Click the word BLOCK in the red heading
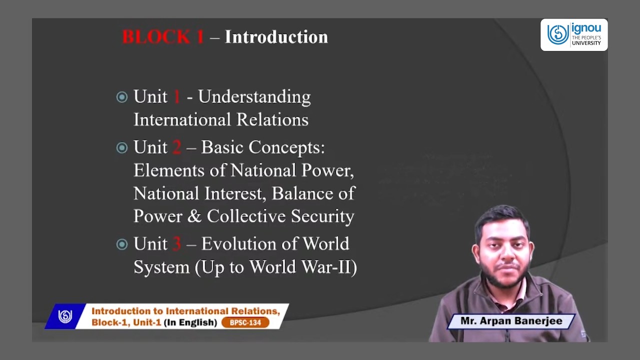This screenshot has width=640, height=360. coord(155,37)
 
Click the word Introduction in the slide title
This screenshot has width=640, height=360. coord(276,37)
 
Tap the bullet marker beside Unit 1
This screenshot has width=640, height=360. coord(122,97)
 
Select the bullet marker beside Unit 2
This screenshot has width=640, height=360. coord(122,147)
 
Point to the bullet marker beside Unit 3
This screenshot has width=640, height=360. coord(122,244)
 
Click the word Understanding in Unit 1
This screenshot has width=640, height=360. coord(254,97)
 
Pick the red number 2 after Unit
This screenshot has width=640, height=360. coord(176,147)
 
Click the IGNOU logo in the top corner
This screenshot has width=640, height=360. coord(573,35)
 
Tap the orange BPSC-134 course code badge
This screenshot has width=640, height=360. coord(245,322)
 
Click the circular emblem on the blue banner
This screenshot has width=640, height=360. coord(65,316)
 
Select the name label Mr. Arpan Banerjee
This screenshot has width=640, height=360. coord(511,321)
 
